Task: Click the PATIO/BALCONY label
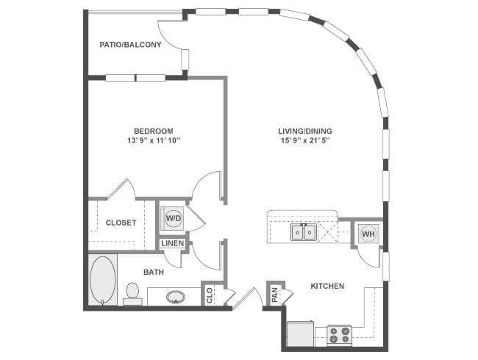(x=130, y=45)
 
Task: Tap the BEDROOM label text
(x=153, y=131)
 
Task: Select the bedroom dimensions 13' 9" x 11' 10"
(x=153, y=140)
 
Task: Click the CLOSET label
(x=121, y=223)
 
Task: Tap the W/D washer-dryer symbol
(x=174, y=218)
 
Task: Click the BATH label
(x=154, y=272)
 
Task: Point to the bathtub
(x=102, y=279)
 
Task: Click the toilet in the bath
(x=133, y=293)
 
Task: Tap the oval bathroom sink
(x=175, y=298)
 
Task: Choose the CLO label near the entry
(x=210, y=296)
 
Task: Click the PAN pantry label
(x=274, y=295)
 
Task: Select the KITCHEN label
(x=327, y=286)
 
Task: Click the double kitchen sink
(x=303, y=233)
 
